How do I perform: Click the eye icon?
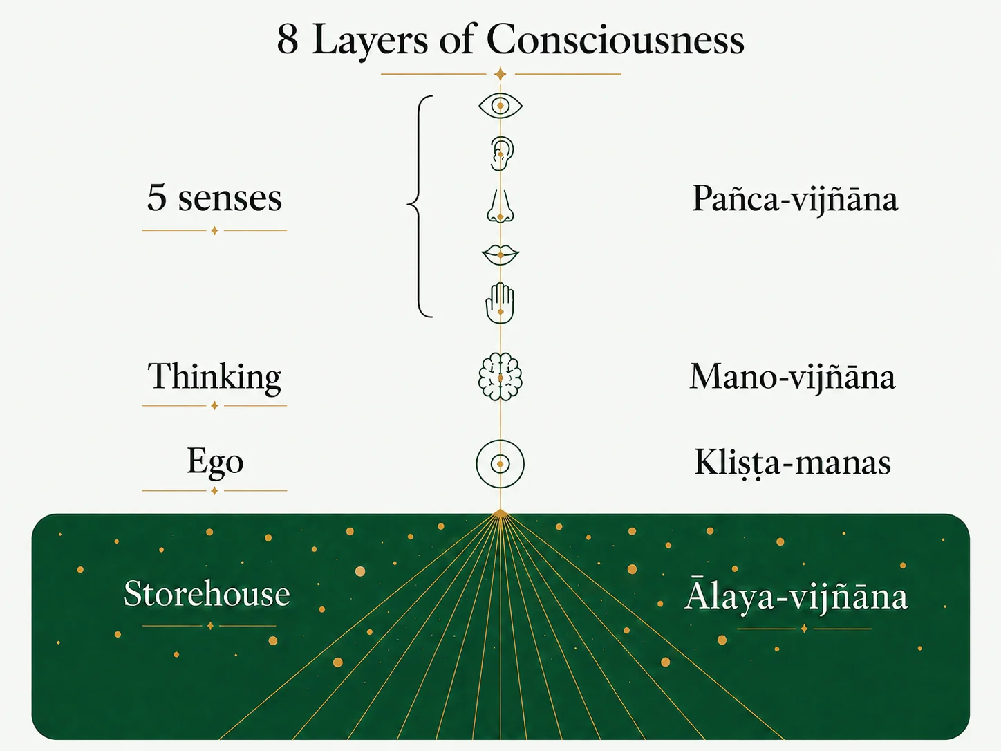point(501,106)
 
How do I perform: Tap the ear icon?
point(502,154)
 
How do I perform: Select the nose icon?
point(501,206)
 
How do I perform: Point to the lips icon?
point(501,255)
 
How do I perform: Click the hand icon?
point(500,303)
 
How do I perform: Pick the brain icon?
point(501,377)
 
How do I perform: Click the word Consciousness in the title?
point(615,39)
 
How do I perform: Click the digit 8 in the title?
point(288,40)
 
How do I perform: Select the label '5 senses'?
point(214,198)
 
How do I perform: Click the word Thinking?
point(214,378)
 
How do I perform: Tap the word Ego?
point(215,463)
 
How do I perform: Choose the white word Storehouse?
point(207,594)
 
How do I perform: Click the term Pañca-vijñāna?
point(795,198)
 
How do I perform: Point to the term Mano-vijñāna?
point(792,377)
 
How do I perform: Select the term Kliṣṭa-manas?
point(793,463)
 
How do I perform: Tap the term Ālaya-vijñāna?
point(796,594)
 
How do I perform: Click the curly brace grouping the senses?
point(420,206)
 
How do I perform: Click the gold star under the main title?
point(501,74)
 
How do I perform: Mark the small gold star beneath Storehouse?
point(210,626)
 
